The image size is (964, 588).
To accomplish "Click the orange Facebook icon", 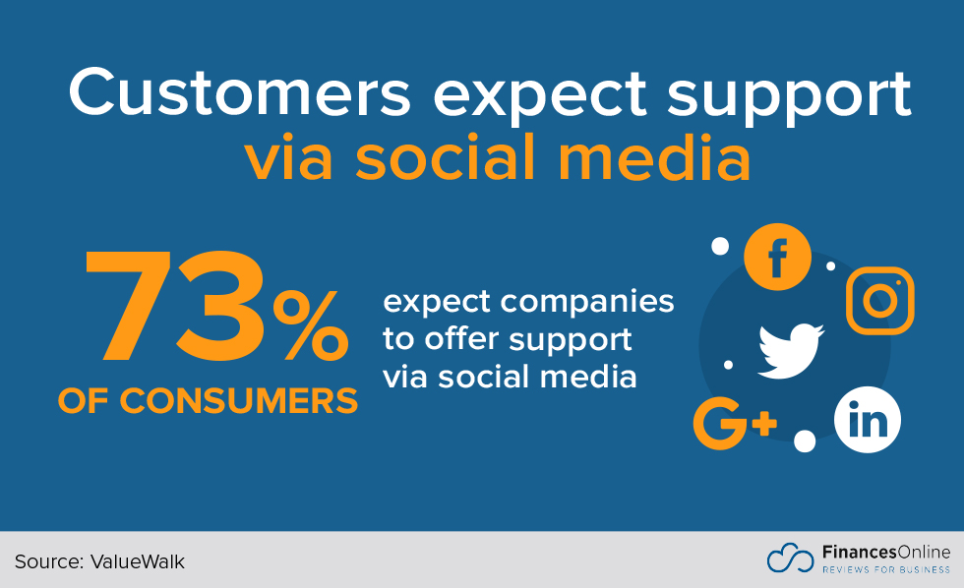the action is tap(777, 257).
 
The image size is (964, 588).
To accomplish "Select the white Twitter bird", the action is tap(791, 351).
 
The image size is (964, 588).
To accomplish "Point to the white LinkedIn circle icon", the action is tap(868, 420).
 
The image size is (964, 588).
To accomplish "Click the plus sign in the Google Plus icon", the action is tap(764, 424).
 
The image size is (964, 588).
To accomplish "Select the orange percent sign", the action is tap(311, 325).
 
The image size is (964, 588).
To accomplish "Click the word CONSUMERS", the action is tap(238, 401).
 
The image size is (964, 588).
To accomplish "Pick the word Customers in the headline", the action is tap(239, 92).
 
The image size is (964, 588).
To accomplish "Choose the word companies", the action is tap(587, 303).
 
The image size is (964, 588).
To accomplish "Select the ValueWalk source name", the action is tap(138, 561).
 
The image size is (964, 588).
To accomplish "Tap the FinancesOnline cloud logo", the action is tap(790, 558).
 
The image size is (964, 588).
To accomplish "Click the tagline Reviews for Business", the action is tap(886, 569).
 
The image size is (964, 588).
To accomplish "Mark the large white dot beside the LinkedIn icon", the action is tap(805, 441).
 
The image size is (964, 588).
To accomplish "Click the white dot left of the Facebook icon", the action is tap(720, 247).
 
